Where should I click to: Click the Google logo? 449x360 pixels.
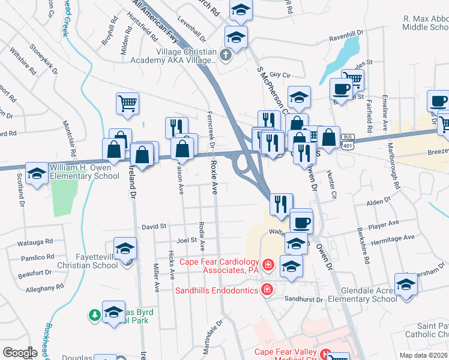pos(20,353)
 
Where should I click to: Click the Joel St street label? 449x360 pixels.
pos(187,240)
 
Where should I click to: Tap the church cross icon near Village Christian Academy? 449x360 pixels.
pos(225,56)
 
